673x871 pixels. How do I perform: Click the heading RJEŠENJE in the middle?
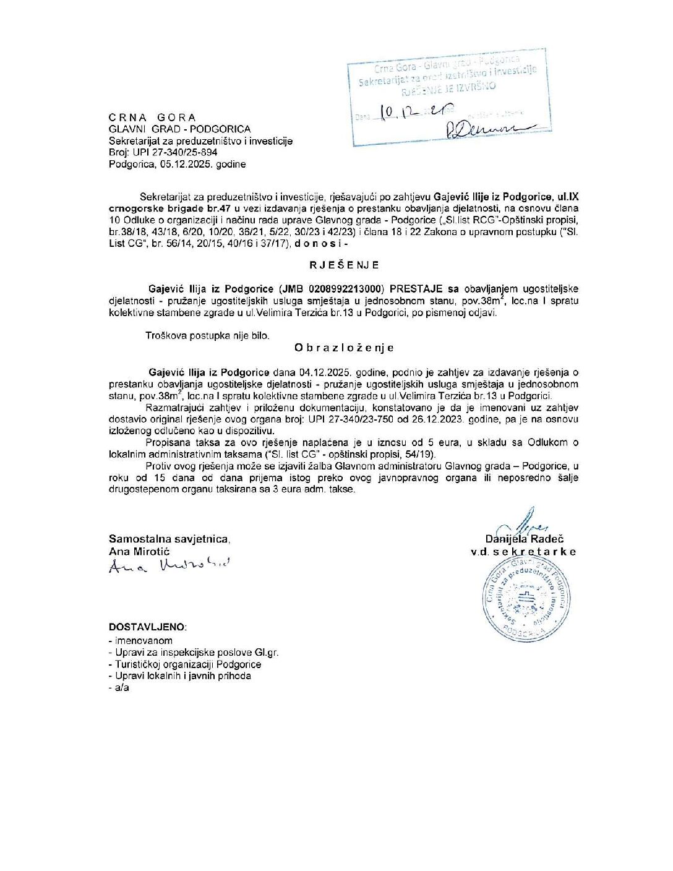click(x=344, y=265)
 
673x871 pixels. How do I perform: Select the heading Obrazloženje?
click(x=344, y=348)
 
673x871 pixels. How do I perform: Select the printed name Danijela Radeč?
click(x=525, y=539)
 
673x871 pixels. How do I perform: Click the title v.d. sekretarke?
click(x=523, y=551)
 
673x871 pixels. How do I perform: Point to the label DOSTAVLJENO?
click(x=147, y=627)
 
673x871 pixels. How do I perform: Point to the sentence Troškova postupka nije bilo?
click(x=207, y=335)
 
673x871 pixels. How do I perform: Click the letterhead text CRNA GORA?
click(x=152, y=118)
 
